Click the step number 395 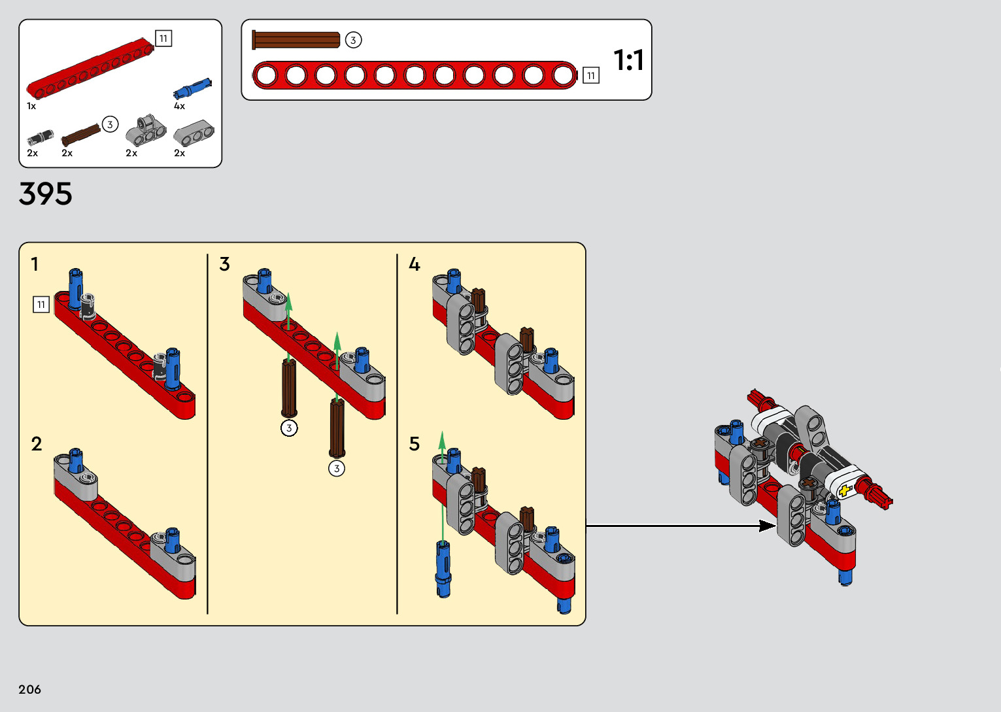(x=45, y=194)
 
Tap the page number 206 (x=29, y=689)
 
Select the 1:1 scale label (x=629, y=60)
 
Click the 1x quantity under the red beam (x=31, y=106)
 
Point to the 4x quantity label (x=179, y=106)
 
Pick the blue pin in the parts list (x=193, y=88)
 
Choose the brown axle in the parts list (x=81, y=135)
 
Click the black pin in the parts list (x=41, y=137)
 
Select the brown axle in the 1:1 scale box (x=296, y=40)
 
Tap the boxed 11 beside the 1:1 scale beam (x=591, y=76)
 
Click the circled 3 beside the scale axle (x=353, y=41)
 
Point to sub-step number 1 (x=35, y=264)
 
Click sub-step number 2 (x=37, y=444)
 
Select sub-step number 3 (x=224, y=264)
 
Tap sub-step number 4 (x=415, y=264)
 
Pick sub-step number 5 (x=415, y=444)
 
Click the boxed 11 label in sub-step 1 (x=41, y=305)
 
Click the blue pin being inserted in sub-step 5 (x=443, y=569)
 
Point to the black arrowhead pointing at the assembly (x=768, y=526)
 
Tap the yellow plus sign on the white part (x=845, y=491)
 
